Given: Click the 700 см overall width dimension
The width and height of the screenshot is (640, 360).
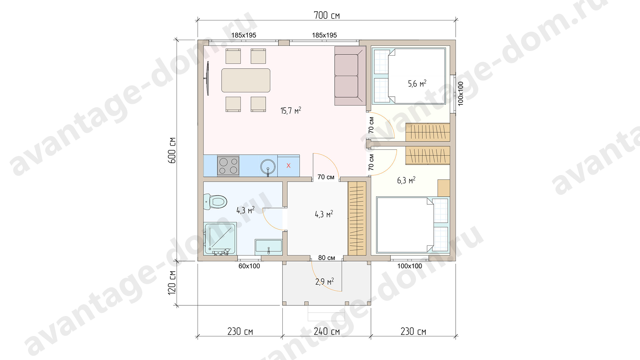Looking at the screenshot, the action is click(x=327, y=15).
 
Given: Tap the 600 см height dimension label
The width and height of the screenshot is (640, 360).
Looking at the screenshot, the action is click(x=172, y=150).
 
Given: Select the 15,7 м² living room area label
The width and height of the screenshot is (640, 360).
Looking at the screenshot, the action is click(x=291, y=110).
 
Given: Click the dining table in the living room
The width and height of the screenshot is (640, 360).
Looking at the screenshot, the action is click(x=246, y=80).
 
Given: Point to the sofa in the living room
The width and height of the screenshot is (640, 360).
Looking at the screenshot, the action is click(x=350, y=76).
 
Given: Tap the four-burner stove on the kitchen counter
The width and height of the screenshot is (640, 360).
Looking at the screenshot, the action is click(x=228, y=166).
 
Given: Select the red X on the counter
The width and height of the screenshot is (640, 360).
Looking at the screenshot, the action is click(x=288, y=165).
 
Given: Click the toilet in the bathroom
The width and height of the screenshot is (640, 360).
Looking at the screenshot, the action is click(x=215, y=202).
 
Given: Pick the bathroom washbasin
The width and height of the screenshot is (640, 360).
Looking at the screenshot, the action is click(x=268, y=247).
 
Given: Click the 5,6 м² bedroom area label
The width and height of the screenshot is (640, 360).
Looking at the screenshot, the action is click(x=417, y=83).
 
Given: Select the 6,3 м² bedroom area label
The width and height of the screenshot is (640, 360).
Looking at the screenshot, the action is click(x=406, y=180).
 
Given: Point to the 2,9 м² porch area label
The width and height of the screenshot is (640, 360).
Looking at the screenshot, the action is click(x=324, y=282).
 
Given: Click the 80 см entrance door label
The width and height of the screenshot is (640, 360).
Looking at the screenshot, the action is click(x=327, y=258).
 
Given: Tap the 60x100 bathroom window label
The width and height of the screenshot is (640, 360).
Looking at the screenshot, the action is click(x=249, y=266).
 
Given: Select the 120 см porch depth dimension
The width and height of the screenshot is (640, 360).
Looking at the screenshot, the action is click(x=172, y=283).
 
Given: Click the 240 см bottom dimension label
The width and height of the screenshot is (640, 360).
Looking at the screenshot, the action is click(x=327, y=331).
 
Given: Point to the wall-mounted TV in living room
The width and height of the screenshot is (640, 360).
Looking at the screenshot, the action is click(x=207, y=78).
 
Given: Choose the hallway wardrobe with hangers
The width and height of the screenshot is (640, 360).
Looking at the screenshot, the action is click(x=357, y=218).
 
